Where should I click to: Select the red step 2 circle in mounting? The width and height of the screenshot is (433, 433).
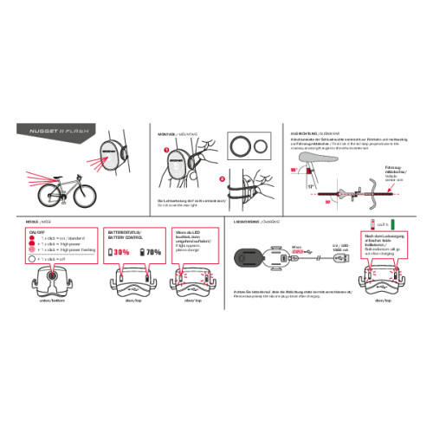(x=223, y=181)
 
